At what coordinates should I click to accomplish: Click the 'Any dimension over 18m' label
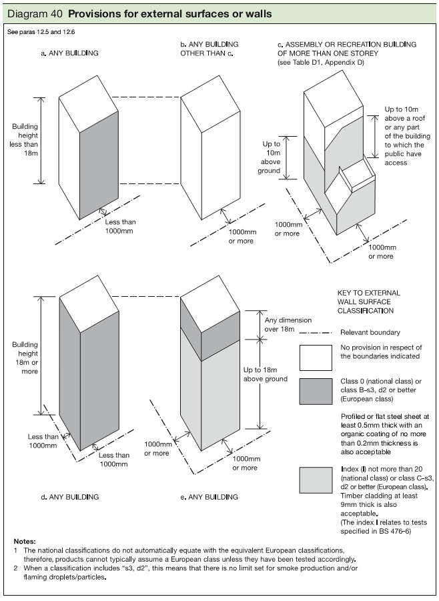coord(279,325)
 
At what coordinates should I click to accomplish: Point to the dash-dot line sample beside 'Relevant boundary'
coord(316,332)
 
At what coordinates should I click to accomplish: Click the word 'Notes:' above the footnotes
coord(25,541)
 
